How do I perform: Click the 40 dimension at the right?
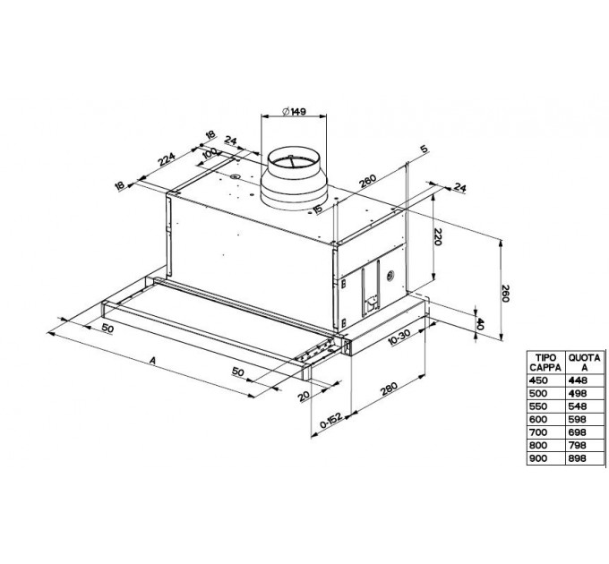coord(481,322)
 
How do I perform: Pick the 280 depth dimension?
coord(387,391)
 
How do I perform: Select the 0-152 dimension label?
coord(333,419)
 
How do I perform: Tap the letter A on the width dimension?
coord(154,362)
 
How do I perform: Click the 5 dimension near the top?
coord(419,150)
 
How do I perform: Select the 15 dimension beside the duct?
coord(318,209)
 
